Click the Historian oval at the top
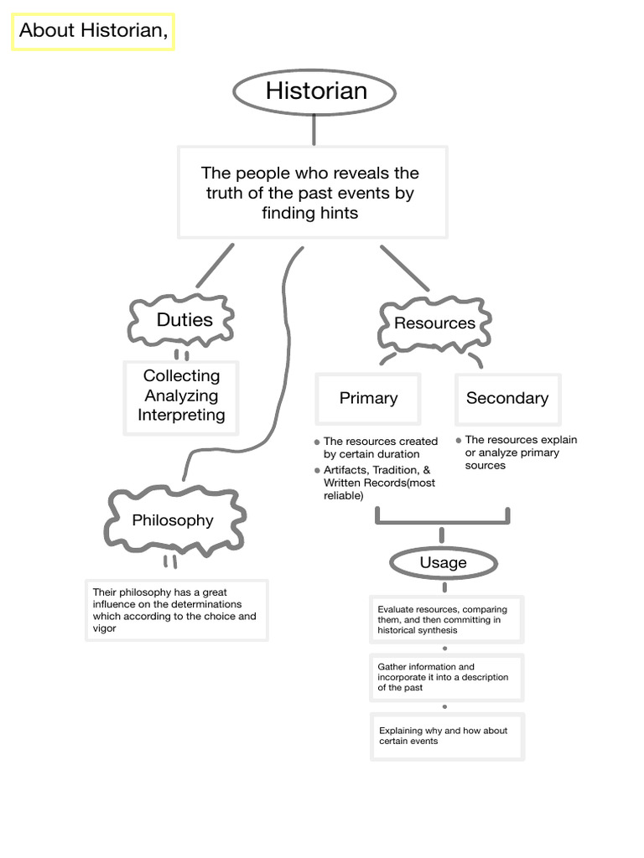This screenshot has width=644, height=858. click(315, 91)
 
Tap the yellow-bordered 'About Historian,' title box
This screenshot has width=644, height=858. click(93, 32)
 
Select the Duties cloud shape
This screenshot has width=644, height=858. click(182, 320)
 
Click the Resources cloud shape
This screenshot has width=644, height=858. click(434, 323)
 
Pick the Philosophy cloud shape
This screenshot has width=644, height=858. click(173, 520)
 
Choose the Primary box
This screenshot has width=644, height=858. click(368, 399)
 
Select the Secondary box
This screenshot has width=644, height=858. click(506, 399)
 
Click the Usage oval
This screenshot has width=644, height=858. click(442, 563)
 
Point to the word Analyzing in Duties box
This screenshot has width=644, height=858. click(181, 395)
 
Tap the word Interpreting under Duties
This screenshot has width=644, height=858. click(181, 415)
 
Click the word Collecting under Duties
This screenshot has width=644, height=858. click(181, 376)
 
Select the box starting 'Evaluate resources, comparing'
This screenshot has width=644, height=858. click(446, 619)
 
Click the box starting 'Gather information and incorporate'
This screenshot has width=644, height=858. click(446, 677)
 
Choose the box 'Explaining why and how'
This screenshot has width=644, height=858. click(446, 736)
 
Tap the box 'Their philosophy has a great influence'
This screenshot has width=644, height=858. click(176, 610)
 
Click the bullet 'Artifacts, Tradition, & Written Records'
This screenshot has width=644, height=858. click(379, 483)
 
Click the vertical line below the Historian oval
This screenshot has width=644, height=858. click(314, 130)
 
